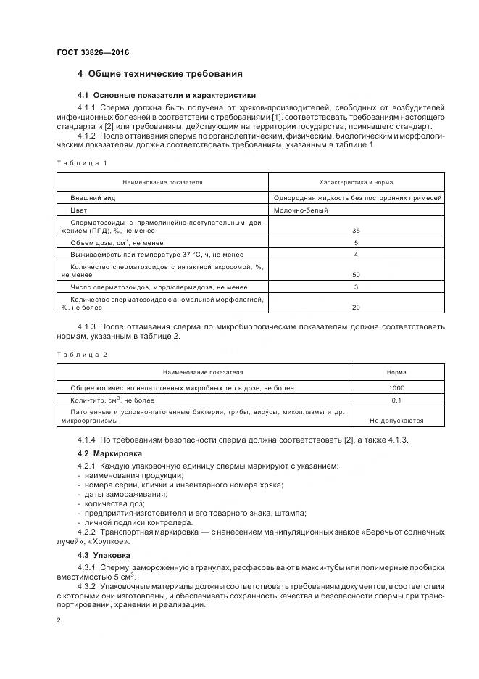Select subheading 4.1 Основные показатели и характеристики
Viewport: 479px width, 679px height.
point(166,95)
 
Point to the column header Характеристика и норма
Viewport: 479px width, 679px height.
point(356,182)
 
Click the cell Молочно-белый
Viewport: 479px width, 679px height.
point(301,210)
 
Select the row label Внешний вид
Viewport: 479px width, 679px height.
point(92,197)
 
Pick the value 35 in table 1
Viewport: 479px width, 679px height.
point(356,230)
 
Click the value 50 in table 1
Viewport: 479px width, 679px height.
point(356,275)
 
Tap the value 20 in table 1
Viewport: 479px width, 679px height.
point(356,307)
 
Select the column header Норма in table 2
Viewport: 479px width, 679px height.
point(396,372)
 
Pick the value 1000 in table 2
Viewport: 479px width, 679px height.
point(396,387)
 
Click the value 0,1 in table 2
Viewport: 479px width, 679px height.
point(396,400)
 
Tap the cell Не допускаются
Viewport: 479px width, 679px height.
point(396,420)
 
